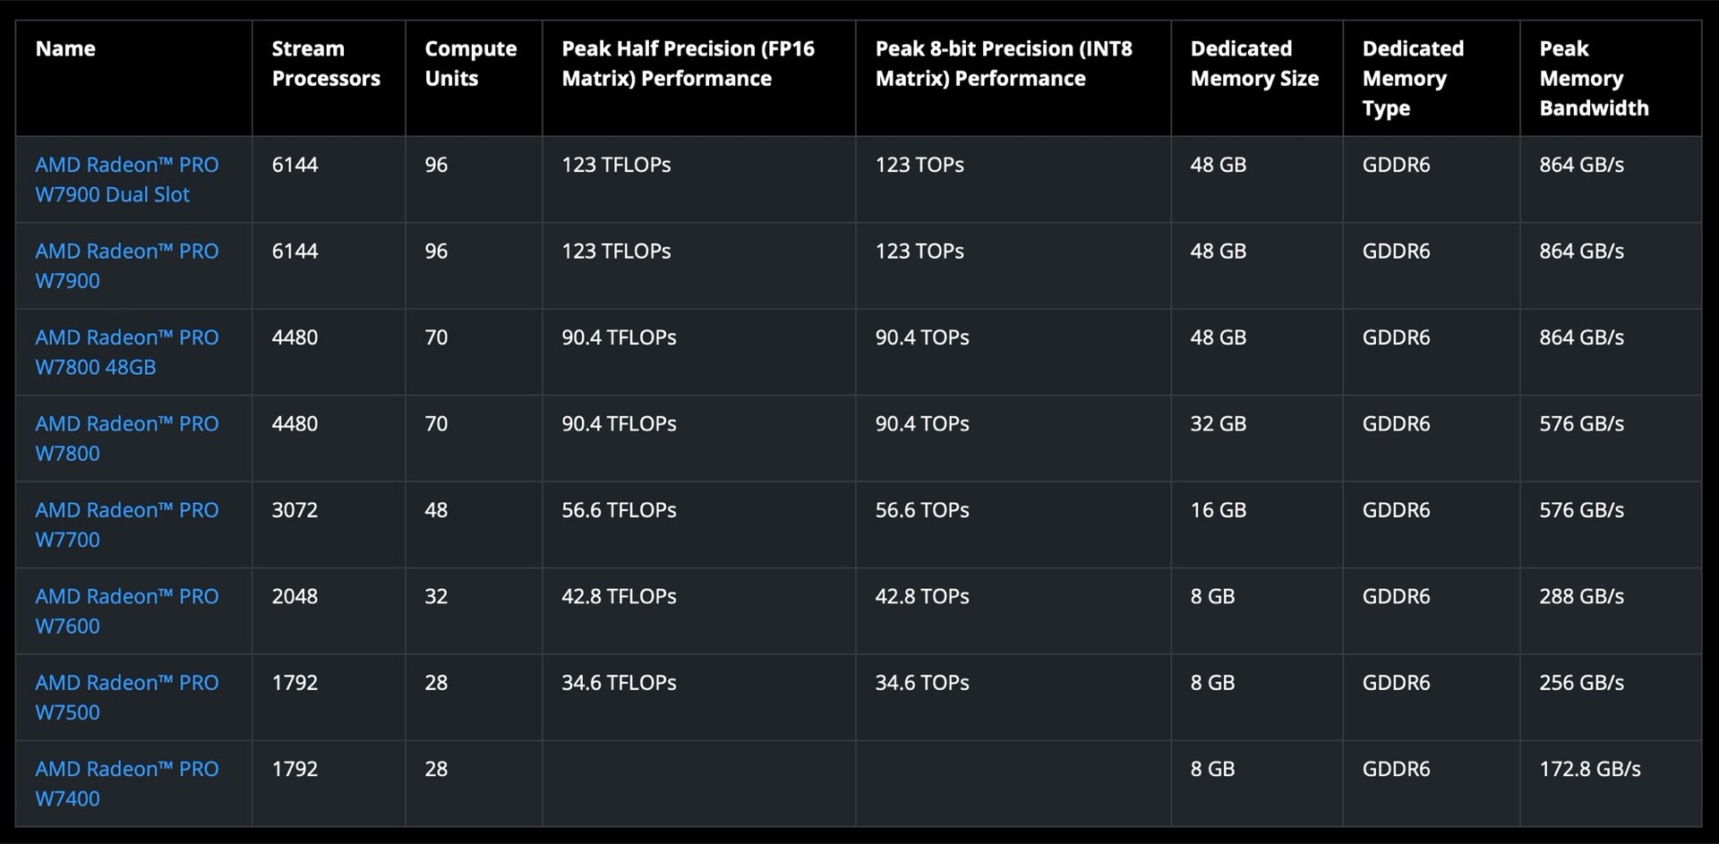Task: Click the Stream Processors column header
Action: click(x=326, y=64)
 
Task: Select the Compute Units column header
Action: click(x=470, y=64)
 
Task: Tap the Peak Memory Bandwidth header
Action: click(x=1593, y=78)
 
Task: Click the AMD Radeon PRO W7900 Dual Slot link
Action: click(x=126, y=179)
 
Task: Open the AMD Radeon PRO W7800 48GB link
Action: click(x=126, y=352)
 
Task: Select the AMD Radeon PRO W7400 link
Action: click(x=126, y=783)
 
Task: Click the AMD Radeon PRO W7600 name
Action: click(x=126, y=610)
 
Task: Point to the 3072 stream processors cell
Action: click(x=295, y=510)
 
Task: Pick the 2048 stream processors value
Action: click(x=295, y=596)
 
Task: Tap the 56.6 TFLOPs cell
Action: click(x=619, y=510)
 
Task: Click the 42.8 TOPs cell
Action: click(x=921, y=596)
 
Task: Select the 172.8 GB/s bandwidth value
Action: click(x=1589, y=769)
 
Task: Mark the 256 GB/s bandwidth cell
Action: click(x=1581, y=683)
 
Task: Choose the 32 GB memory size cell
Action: click(x=1218, y=423)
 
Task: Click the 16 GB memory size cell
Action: click(x=1218, y=510)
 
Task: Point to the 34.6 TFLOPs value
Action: click(x=619, y=683)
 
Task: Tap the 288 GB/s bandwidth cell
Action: click(x=1581, y=596)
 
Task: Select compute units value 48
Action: click(x=436, y=510)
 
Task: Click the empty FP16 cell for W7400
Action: click(x=698, y=783)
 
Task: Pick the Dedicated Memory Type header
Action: click(x=1412, y=78)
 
